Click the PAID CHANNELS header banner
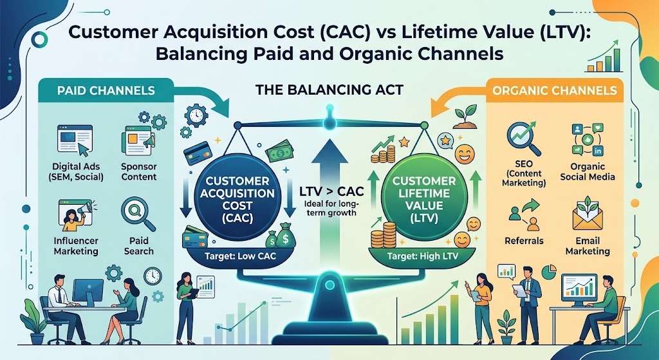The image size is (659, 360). click(106, 90)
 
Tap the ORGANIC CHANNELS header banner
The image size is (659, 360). click(555, 90)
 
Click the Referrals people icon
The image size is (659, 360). click(524, 215)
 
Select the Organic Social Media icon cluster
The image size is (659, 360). click(588, 139)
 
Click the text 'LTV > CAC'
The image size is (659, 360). click(331, 192)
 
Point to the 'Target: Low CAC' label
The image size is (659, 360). click(240, 255)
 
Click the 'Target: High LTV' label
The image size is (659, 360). click(422, 256)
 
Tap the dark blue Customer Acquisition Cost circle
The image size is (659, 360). click(237, 197)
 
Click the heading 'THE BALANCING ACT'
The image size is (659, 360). click(329, 90)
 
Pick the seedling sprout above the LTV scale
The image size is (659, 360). click(465, 118)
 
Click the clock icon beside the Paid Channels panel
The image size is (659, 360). click(196, 116)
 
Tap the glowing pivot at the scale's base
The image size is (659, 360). click(330, 285)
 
